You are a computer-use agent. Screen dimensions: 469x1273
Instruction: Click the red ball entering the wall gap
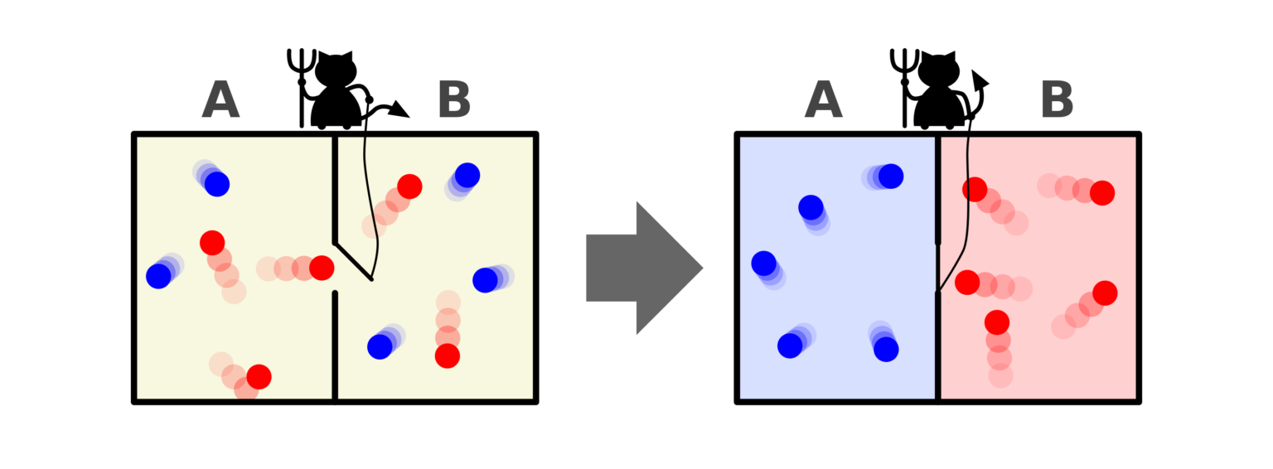321,268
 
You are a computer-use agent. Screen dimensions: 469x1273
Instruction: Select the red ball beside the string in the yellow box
409,186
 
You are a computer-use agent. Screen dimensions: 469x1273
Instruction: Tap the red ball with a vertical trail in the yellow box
447,355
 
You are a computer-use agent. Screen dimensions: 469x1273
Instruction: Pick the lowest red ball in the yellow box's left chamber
259,377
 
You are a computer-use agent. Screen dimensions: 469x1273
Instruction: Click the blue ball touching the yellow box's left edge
158,276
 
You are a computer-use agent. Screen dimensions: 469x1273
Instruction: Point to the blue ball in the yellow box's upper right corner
467,176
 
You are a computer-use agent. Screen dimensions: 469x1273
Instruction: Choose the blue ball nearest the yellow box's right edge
485,280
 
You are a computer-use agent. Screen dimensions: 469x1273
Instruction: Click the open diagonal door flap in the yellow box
353,262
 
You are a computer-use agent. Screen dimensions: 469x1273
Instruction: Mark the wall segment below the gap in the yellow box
335,344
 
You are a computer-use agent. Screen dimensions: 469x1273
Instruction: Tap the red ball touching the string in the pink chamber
975,189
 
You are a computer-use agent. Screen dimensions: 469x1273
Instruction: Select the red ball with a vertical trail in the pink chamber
997,322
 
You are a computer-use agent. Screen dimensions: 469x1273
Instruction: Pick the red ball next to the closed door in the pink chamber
967,282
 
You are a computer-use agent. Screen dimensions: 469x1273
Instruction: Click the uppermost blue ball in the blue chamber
890,176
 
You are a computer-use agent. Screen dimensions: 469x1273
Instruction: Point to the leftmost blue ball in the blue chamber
763,264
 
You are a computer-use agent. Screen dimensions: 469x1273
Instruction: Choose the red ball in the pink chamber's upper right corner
1101,193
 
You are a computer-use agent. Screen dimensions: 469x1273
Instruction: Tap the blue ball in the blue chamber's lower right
886,349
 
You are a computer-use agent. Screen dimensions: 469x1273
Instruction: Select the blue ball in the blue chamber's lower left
790,346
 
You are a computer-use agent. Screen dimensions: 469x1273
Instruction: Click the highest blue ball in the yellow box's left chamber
216,184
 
